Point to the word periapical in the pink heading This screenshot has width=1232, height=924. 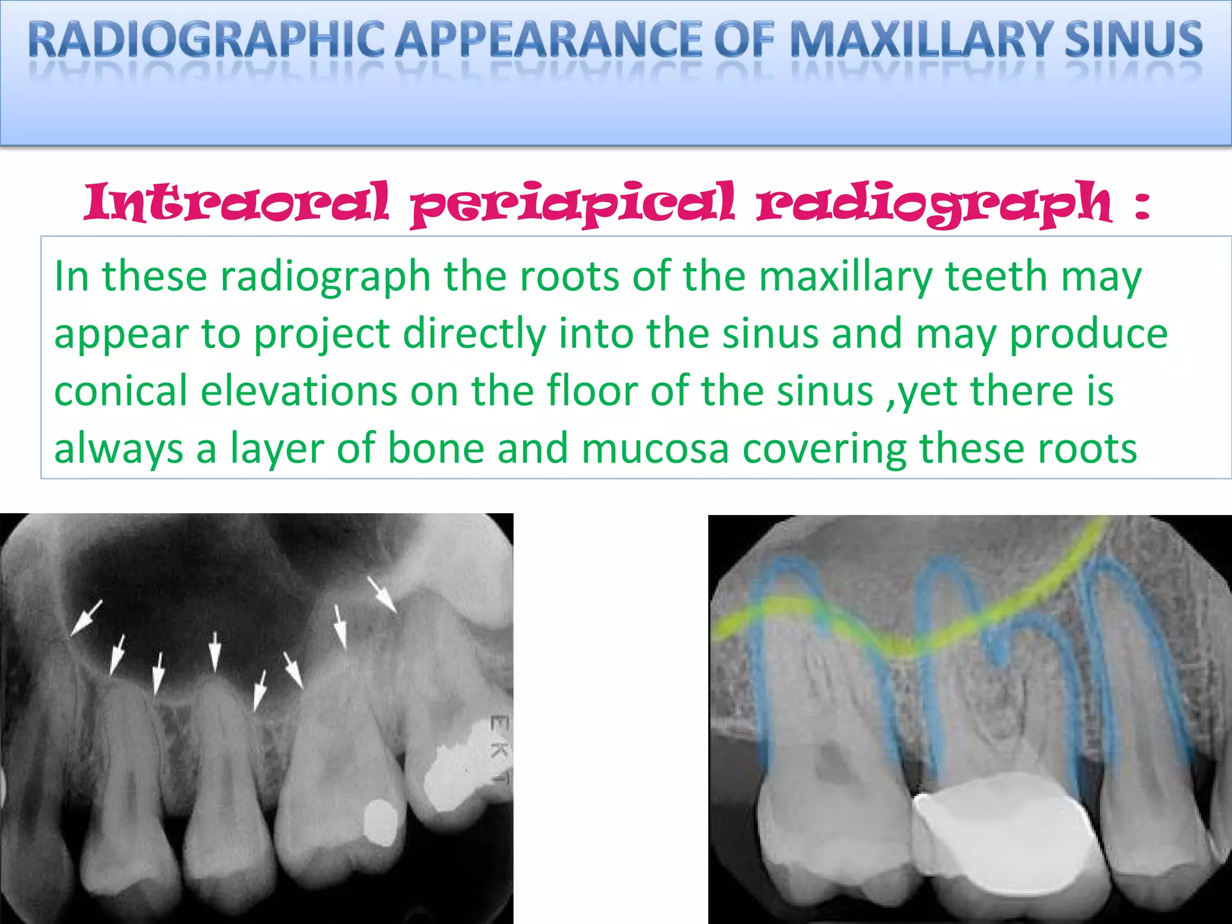click(x=572, y=205)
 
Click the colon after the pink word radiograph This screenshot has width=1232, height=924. click(x=1141, y=205)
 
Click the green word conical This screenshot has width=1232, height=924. click(x=120, y=391)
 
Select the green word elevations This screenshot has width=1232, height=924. click(x=298, y=391)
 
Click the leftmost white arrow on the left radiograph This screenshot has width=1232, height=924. click(x=86, y=618)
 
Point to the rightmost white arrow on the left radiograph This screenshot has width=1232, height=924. click(x=382, y=594)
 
